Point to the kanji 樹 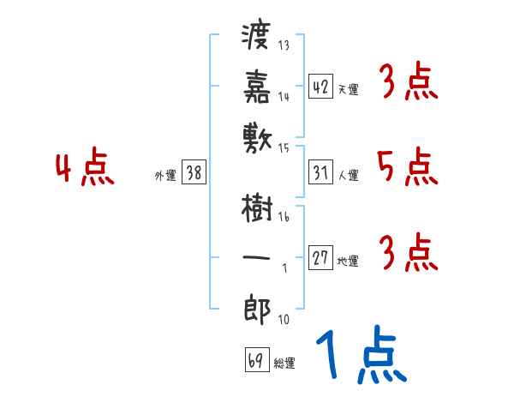(x=257, y=208)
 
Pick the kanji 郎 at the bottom (x=257, y=306)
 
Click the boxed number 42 (x=320, y=86)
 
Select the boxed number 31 (x=320, y=172)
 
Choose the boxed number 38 (x=194, y=172)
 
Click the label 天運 (x=348, y=89)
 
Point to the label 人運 (x=348, y=176)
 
